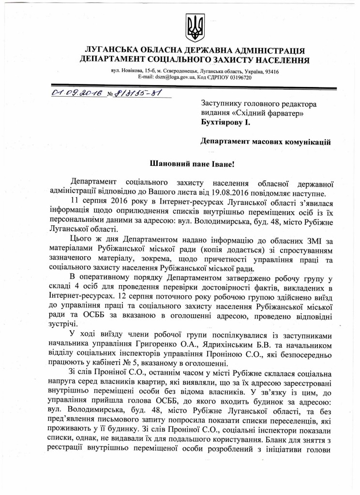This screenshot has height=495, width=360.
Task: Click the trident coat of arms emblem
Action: (195, 28)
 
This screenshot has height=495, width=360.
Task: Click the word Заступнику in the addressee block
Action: (225, 103)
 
